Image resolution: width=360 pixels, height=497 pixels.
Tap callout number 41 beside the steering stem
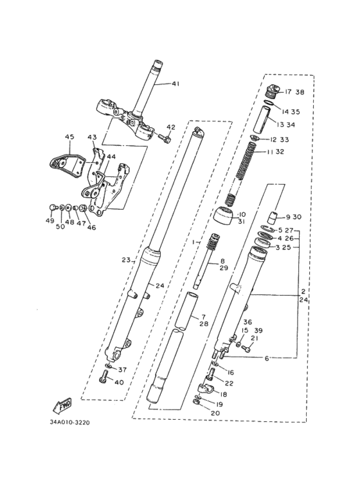pos(176,84)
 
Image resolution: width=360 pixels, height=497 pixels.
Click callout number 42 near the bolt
pos(170,127)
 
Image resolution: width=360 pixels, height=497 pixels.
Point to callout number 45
pos(70,136)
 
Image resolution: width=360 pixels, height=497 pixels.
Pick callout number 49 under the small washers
pos(50,221)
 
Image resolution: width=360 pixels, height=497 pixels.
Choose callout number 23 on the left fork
pos(126,260)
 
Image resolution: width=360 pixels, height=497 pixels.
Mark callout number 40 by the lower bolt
pos(119,382)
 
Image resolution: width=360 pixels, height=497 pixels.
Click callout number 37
pos(122,369)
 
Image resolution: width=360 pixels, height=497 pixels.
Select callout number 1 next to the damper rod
pos(192,242)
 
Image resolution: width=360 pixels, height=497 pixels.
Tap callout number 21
pos(254,339)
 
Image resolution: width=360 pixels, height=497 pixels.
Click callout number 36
pos(247,322)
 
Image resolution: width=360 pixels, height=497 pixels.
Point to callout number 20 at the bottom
pos(215,413)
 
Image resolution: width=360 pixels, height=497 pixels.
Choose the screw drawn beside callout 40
pos(105,380)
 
